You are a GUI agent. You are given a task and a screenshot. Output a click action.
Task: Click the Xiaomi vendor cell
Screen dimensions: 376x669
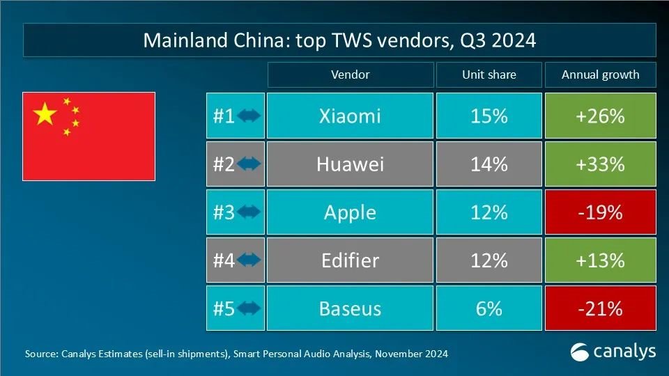coord(350,116)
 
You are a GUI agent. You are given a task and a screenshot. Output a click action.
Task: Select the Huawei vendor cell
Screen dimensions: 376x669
coord(350,164)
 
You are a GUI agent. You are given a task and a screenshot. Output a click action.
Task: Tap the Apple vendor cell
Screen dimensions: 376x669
coord(350,212)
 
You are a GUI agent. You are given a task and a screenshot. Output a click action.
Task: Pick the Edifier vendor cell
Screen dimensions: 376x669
coord(350,260)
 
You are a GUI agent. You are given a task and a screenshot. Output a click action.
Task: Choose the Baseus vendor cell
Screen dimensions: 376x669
coord(350,308)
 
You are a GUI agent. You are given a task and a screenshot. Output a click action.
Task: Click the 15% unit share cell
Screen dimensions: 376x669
coord(489,116)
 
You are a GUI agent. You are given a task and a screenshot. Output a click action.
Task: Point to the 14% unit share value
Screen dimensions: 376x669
coord(489,164)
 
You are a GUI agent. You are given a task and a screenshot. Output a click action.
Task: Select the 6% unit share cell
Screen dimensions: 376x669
coord(489,308)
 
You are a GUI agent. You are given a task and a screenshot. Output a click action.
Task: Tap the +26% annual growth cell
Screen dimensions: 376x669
coord(600,116)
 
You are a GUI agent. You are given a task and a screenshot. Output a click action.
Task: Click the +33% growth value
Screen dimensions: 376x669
coord(600,164)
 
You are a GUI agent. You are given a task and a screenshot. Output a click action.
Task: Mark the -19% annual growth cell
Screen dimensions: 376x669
coord(600,212)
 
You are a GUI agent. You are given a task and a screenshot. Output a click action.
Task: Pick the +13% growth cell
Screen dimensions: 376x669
coord(600,260)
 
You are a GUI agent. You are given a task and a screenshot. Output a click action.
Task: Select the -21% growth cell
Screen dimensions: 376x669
coord(600,308)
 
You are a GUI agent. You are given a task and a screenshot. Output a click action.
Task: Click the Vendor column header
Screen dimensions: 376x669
coord(350,75)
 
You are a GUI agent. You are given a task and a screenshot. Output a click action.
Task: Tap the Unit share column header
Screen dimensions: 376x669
coord(489,75)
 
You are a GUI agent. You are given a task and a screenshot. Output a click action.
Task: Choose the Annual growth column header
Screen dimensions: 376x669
coord(600,75)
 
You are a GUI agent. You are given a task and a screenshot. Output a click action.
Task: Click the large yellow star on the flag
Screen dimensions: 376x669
coord(45,113)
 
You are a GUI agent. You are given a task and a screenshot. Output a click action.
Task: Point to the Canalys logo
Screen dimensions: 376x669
coord(613,352)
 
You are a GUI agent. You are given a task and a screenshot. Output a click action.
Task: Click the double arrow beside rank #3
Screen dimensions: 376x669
coord(249,212)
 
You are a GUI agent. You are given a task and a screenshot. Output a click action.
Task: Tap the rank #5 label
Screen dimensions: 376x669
coord(224,308)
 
